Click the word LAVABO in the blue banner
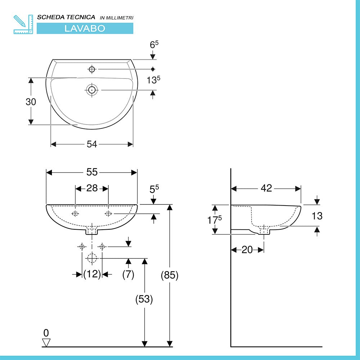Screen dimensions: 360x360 pos(85,28)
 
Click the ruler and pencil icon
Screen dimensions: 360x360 pos(23,24)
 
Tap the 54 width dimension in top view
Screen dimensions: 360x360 pos(92,144)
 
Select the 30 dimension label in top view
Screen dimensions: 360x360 pos(31,102)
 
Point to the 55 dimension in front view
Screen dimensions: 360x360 pos(92,172)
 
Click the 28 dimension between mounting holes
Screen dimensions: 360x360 pos(92,188)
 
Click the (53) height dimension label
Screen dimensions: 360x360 pos(144,299)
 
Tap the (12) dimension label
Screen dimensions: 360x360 pos(92,274)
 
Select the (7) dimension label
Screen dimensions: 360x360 pos(128,274)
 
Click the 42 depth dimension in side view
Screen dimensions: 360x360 pos(266,188)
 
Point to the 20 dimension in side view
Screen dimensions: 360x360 pos(247,249)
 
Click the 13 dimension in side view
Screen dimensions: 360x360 pos(317,216)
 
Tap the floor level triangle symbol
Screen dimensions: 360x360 pos(46,342)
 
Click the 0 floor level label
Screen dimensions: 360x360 pos(46,333)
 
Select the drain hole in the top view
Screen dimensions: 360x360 pos(92,90)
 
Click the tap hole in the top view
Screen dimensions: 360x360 pos(92,68)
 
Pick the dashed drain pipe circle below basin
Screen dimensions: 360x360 pos(92,258)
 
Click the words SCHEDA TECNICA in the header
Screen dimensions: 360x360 pos(66,17)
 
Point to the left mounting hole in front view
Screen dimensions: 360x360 pos(75,214)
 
